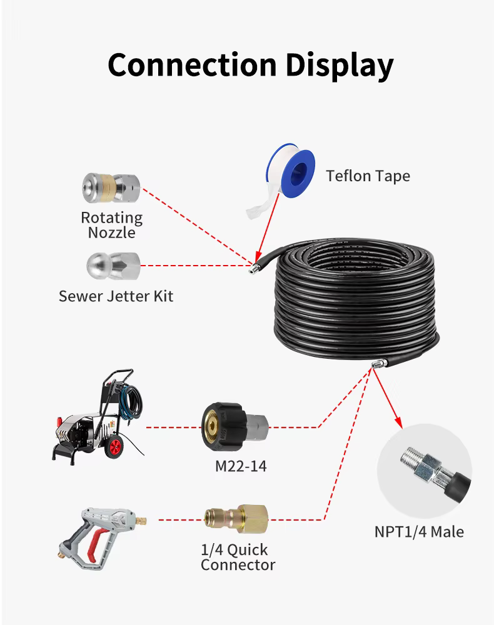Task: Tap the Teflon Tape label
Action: pyautogui.click(x=368, y=176)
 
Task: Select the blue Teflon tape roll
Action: pyautogui.click(x=288, y=172)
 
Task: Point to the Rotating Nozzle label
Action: pyautogui.click(x=111, y=225)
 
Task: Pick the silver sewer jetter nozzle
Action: pyautogui.click(x=113, y=266)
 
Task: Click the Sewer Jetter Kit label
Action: pyautogui.click(x=116, y=296)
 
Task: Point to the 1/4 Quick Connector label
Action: pyautogui.click(x=238, y=557)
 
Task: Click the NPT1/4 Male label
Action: pyautogui.click(x=419, y=532)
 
